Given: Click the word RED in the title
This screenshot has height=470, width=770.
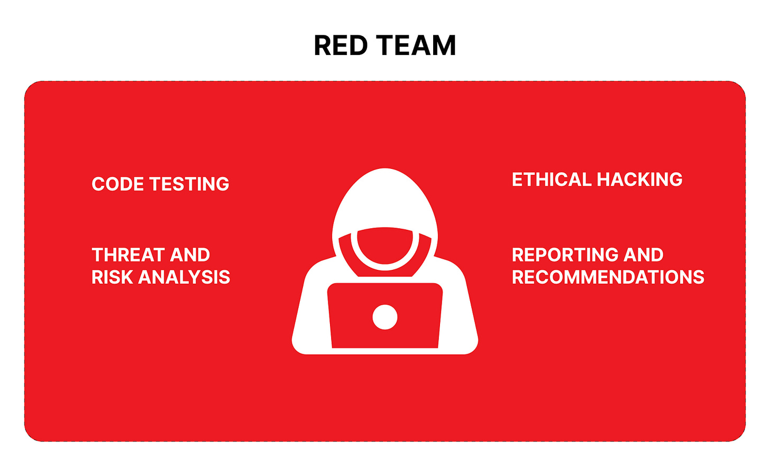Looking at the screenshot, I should (340, 45).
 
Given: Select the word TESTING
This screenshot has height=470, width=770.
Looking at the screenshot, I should (189, 184).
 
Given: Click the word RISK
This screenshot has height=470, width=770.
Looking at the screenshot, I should (112, 277).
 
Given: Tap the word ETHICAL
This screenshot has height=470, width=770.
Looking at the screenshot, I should (551, 180).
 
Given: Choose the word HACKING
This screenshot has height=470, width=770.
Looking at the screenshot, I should (639, 180).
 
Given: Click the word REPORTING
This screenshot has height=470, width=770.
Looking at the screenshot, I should (565, 255).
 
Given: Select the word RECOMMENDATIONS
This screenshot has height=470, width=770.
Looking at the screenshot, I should (608, 277).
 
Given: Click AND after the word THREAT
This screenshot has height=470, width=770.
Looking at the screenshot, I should (190, 255).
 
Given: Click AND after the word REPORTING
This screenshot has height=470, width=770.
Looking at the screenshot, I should (643, 255).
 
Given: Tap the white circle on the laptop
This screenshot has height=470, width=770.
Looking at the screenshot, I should (385, 317).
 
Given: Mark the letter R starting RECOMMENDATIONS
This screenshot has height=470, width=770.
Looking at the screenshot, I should (518, 277).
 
